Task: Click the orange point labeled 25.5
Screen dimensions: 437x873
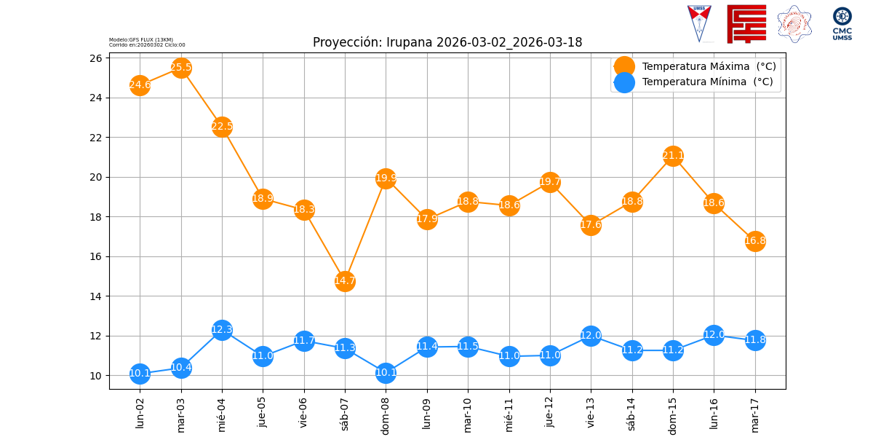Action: click(181, 68)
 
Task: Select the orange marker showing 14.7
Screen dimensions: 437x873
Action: click(345, 281)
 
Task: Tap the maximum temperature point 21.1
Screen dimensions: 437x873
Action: click(673, 156)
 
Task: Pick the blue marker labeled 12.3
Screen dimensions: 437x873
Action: click(222, 330)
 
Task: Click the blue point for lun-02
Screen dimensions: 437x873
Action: click(140, 374)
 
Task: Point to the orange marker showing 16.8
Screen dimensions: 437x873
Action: click(755, 241)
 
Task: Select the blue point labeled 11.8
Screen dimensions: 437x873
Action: click(755, 340)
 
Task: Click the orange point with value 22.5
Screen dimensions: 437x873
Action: click(222, 127)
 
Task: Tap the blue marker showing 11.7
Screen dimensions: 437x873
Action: click(304, 341)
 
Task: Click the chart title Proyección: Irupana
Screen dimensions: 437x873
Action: click(447, 42)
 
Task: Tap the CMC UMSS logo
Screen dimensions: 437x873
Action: click(842, 23)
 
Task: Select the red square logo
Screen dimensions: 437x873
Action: click(746, 23)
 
